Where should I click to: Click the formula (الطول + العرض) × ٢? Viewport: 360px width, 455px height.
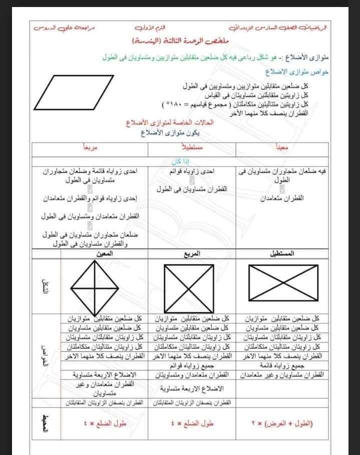(x=281, y=423)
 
